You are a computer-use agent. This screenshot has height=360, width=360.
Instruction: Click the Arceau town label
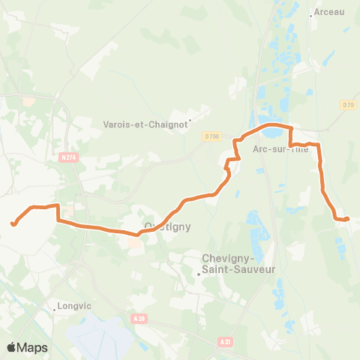pos(330,12)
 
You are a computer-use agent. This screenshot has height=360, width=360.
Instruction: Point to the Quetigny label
pos(166,226)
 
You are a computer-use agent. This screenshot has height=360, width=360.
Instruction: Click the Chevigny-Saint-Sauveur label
pos(238,263)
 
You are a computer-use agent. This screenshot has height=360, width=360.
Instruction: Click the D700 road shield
pos(211,136)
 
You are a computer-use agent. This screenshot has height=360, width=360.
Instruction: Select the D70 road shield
pos(346,104)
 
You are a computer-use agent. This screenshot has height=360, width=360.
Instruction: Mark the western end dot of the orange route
pos(13,223)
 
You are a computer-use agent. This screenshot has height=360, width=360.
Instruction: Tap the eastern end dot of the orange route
pos(347,219)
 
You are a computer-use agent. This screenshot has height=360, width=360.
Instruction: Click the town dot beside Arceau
pos(310,14)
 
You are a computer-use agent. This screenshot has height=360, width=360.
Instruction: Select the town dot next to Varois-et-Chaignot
pos(190,118)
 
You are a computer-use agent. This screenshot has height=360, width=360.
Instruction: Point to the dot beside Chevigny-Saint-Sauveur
pos(198,274)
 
